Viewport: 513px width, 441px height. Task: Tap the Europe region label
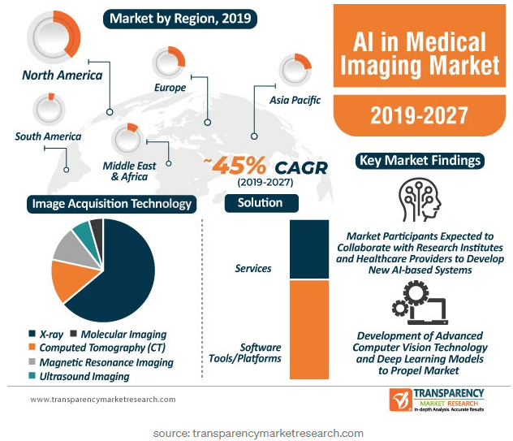point(170,88)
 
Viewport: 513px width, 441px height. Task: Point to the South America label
point(48,136)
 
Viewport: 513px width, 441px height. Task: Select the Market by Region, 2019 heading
point(180,19)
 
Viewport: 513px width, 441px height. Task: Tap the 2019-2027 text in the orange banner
point(419,115)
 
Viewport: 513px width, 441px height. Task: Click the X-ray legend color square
point(32,334)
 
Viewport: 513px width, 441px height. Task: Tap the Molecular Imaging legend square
point(73,334)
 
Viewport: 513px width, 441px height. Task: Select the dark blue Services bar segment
point(309,249)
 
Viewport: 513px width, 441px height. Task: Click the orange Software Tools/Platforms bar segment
point(309,330)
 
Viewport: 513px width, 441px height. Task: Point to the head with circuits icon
point(419,199)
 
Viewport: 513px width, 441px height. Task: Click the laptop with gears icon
point(420,304)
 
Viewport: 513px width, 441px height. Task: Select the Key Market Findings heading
point(420,161)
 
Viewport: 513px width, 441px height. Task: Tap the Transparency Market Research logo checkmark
point(400,400)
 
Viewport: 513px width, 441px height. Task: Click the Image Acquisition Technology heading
point(111,204)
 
